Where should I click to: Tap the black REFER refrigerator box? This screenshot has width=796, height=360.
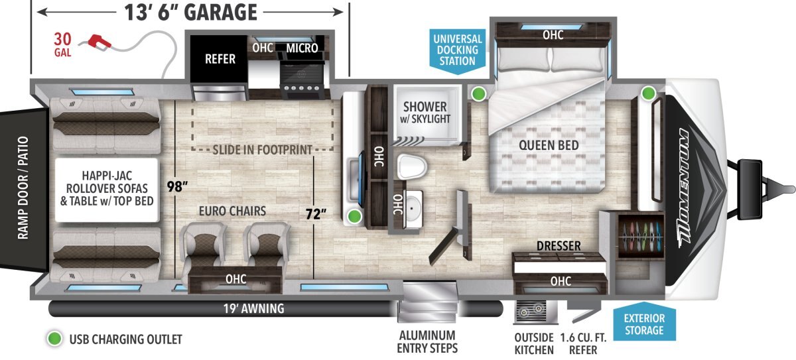coord(219,58)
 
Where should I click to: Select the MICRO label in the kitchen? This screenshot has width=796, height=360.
coord(302,48)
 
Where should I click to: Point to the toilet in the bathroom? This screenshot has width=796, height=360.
coord(412,166)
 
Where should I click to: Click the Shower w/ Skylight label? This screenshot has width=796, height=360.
coord(425,112)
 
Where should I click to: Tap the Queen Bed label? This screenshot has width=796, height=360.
coord(549,145)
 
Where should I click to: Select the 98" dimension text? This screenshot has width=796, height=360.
coord(177,186)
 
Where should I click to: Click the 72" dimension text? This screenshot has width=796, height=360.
coord(316,214)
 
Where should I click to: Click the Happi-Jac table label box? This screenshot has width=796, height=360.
coord(107,190)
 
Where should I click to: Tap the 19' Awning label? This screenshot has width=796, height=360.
coord(253,308)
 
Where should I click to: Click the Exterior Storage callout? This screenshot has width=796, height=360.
coord(644,323)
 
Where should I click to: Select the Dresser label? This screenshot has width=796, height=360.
coord(559,246)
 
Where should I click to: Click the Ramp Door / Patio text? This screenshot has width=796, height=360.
coord(23,188)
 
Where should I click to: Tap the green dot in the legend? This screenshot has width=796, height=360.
coord(54,339)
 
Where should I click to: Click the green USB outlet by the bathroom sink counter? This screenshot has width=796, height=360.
coord(354,216)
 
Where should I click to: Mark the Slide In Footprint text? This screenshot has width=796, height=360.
coord(262,150)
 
